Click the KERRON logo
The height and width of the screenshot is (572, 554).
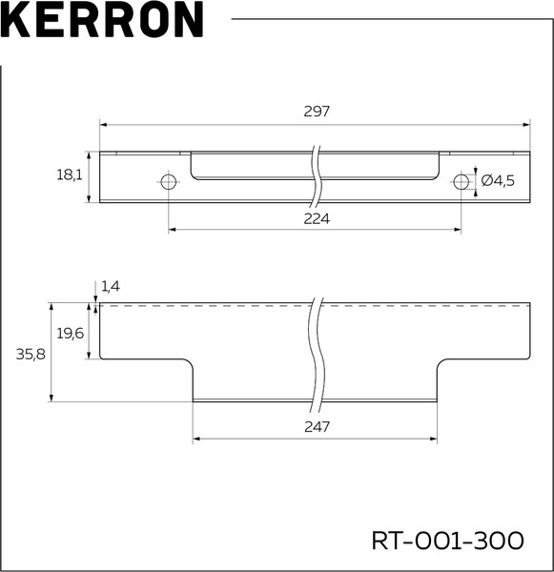tap(102, 20)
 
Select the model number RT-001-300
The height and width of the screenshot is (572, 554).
tap(447, 541)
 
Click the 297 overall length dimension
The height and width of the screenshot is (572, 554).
tap(317, 111)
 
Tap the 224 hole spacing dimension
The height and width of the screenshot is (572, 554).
tap(317, 218)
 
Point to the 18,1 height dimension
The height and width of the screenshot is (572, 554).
tap(70, 175)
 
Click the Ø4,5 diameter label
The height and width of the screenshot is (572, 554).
tap(498, 180)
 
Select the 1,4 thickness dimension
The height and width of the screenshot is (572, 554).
tap(111, 286)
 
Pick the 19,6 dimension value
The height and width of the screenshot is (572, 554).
tap(70, 333)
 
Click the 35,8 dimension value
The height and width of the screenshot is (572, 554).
tap(31, 354)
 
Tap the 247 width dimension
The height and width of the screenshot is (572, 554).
tap(317, 426)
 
